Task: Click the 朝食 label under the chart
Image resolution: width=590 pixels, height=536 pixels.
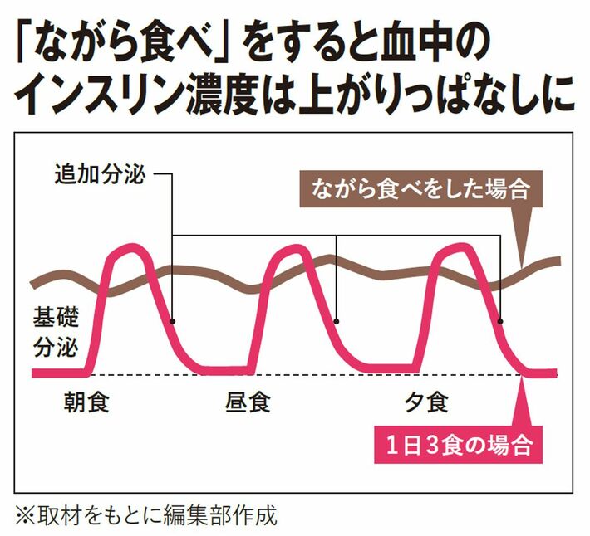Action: pos(86,402)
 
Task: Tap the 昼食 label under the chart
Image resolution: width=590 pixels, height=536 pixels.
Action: pos(248,402)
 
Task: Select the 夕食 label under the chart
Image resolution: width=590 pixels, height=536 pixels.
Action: pos(426,402)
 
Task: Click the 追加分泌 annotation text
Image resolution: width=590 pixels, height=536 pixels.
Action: pos(100,175)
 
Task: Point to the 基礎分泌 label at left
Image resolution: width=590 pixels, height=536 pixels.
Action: pos(56,332)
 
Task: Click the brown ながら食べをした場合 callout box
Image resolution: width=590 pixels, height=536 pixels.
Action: pos(421,189)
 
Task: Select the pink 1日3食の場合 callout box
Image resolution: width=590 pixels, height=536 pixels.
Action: pos(459,445)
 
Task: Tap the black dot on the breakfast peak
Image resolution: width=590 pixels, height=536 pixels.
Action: pos(172,322)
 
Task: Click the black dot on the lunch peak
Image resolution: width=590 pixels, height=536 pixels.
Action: pos(337,322)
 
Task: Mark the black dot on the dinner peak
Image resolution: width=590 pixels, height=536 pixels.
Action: pos(500,322)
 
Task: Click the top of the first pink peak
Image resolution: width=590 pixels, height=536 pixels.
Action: pos(130,248)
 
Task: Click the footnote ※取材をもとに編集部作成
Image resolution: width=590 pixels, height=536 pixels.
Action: pos(146,515)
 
